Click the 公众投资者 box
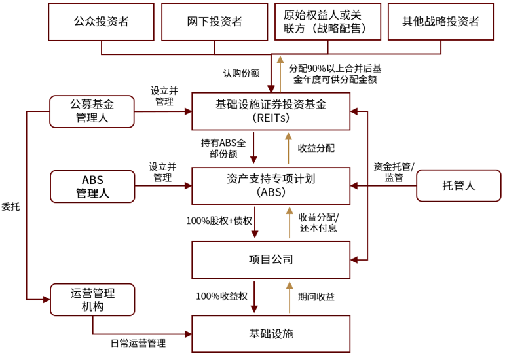(101, 21)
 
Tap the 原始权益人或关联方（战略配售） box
(327, 21)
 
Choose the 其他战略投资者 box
(441, 21)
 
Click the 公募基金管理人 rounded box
(92, 111)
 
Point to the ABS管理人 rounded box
(92, 186)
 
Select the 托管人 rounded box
(458, 186)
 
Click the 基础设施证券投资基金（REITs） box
(271, 111)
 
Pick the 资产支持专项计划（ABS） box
(271, 186)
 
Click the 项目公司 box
(271, 260)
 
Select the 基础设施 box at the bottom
(271, 334)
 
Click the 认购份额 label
(241, 73)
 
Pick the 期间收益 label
(316, 297)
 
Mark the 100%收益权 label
(221, 297)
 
